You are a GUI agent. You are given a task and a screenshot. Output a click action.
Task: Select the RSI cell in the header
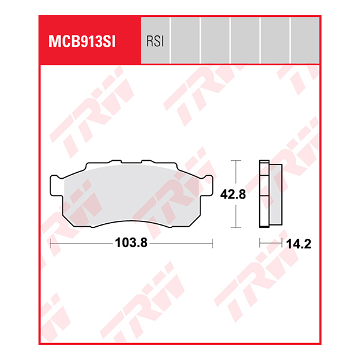(155, 41)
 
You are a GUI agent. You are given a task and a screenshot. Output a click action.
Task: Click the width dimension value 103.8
(131, 244)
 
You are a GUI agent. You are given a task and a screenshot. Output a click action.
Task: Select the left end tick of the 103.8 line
(50, 244)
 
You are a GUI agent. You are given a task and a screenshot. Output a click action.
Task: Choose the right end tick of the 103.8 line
(213, 244)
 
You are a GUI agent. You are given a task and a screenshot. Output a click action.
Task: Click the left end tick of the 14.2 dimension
(259, 244)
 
